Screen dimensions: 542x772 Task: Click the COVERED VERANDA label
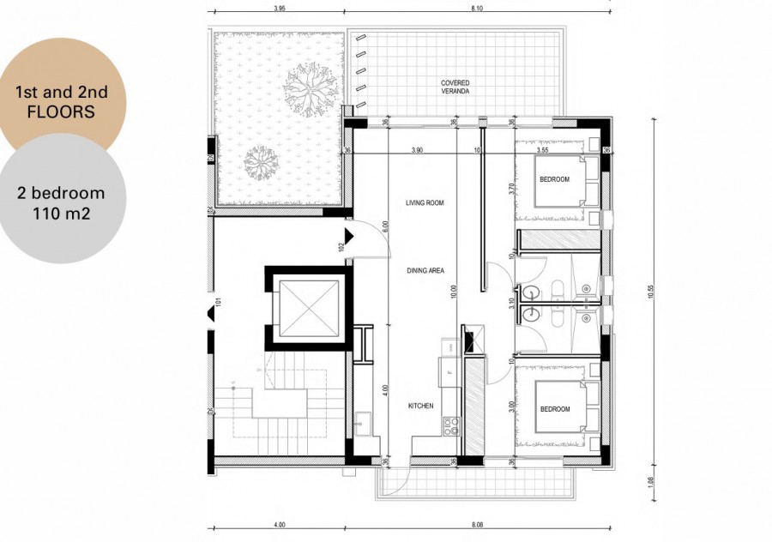coord(455,87)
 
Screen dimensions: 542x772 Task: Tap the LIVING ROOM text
coord(425,203)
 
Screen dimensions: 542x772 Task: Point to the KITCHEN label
coord(420,406)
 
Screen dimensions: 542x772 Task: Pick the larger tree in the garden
coord(308,88)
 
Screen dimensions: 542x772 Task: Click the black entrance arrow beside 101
coord(212,315)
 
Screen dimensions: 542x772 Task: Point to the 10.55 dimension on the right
coord(651,291)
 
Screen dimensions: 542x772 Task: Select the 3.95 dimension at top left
coord(278,9)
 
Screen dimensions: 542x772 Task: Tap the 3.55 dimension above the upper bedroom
coord(542,150)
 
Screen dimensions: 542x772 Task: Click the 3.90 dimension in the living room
coord(417,150)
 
